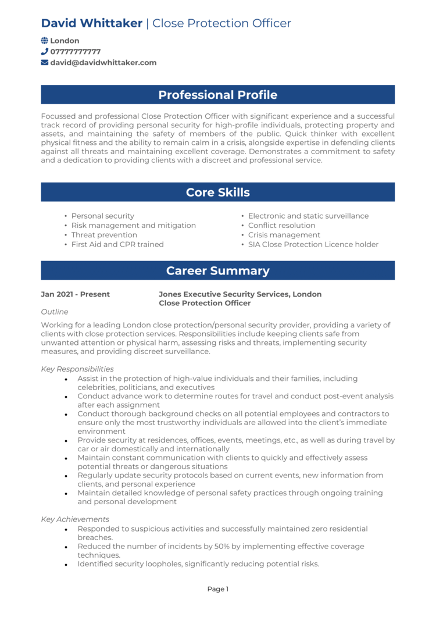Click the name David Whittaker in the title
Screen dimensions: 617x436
tap(91, 23)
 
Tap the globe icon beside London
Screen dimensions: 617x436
tap(45, 41)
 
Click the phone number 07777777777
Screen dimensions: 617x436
tap(75, 52)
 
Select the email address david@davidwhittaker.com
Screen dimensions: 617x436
tap(103, 63)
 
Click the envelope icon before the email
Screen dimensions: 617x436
tap(45, 63)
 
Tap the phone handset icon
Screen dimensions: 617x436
tap(45, 52)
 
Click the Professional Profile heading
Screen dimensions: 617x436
tap(217, 95)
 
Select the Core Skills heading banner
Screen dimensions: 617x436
tap(217, 192)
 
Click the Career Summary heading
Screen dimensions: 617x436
tap(217, 270)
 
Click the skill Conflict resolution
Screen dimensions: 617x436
tap(281, 226)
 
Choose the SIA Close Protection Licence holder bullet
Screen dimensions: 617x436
tap(313, 245)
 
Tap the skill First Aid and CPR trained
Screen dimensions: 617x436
tap(117, 245)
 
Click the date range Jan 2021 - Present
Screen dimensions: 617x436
tap(75, 294)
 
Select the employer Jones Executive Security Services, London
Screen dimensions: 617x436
tap(240, 294)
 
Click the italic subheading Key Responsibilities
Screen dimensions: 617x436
tap(77, 369)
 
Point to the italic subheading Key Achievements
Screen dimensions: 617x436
tap(75, 519)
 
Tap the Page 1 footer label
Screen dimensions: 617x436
tap(218, 589)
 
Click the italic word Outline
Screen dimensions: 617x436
tap(55, 312)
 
